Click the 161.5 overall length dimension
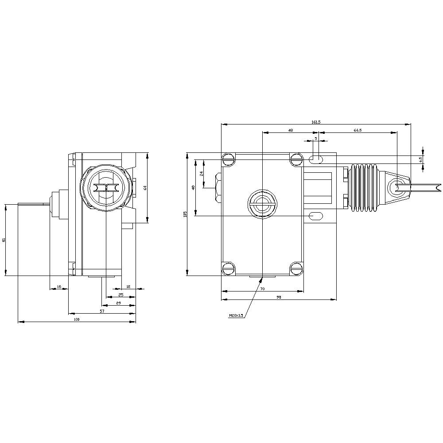[x=316, y=121]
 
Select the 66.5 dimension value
[x=358, y=130]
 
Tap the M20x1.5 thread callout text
[x=236, y=316]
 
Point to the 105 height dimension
[x=185, y=214]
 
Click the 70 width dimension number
[x=262, y=289]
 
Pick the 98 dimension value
[x=279, y=297]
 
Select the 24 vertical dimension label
[x=201, y=174]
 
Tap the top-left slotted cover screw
[x=229, y=159]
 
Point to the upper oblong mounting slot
[x=316, y=159]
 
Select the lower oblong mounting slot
[x=316, y=216]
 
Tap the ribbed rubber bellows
[x=364, y=188]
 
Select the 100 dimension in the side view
[x=76, y=319]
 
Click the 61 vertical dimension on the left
[x=4, y=240]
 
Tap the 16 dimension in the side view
[x=58, y=287]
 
